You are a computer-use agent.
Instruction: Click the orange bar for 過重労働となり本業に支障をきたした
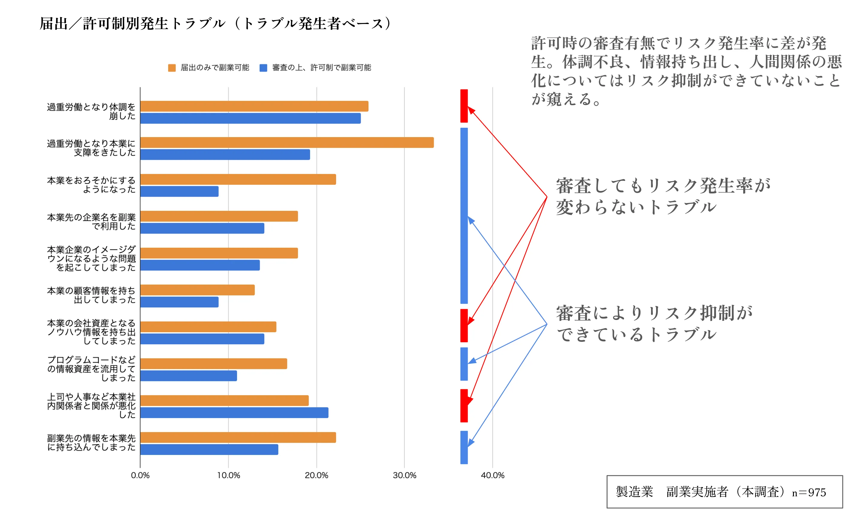coord(286,142)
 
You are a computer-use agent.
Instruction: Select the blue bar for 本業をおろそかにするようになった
coord(179,191)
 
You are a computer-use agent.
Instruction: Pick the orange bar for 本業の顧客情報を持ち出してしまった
coord(197,290)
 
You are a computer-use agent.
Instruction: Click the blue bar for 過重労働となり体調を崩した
coord(250,118)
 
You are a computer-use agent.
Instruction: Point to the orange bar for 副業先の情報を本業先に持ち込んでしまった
coord(238,437)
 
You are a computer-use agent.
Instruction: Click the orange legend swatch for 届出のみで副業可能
coord(172,67)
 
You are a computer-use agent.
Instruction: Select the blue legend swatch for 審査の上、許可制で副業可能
coord(263,67)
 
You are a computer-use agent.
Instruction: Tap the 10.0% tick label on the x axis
coord(228,475)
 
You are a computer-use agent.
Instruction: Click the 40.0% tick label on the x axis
coord(492,475)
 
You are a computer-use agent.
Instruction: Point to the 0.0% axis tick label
coord(140,475)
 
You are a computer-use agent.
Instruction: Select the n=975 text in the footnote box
coord(809,492)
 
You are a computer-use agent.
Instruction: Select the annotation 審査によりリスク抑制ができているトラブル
coord(653,323)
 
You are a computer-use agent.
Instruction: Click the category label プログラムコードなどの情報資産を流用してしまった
coord(91,369)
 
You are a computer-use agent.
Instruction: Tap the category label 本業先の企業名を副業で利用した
coord(91,221)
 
